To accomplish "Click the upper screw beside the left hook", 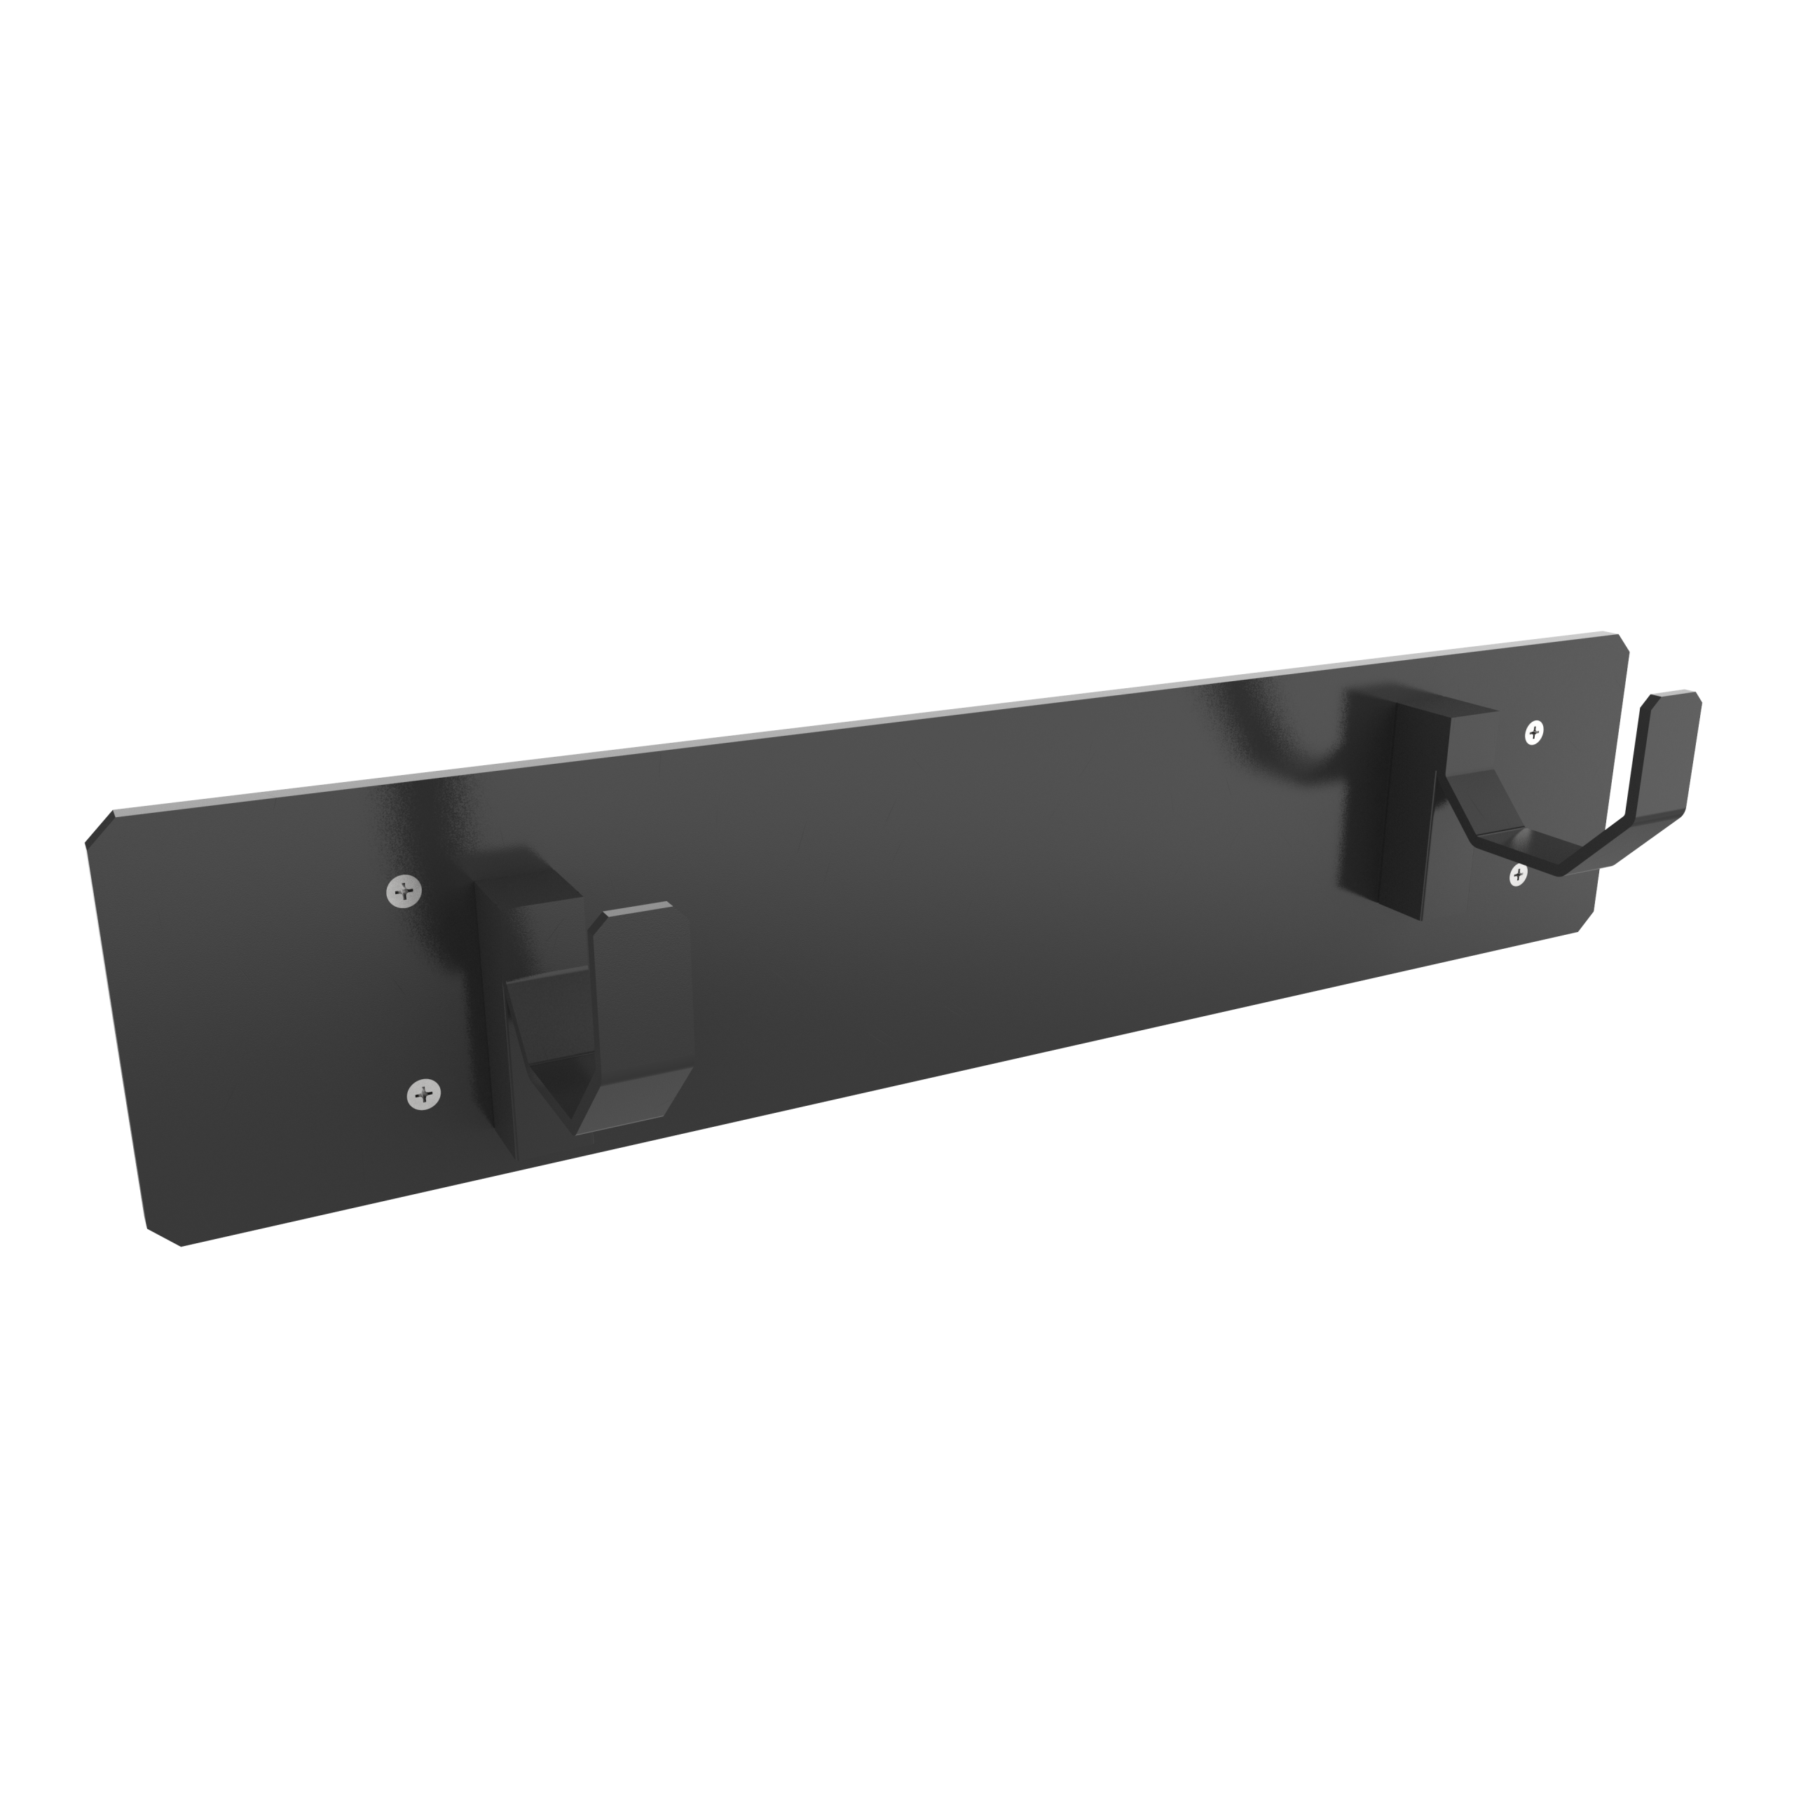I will tap(403, 891).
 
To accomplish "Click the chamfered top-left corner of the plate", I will tap(100, 828).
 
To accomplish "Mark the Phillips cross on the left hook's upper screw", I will tap(403, 891).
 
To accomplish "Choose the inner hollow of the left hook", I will tap(557, 1022).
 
